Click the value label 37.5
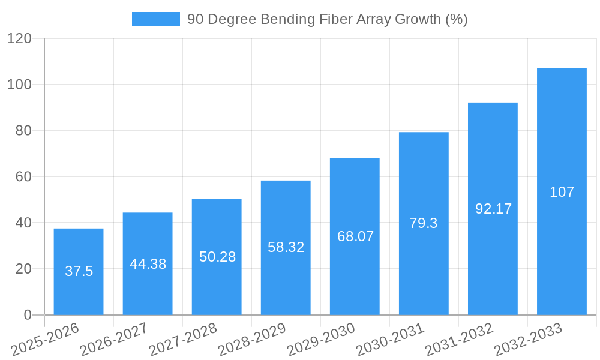coord(79,271)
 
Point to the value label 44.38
coord(148,264)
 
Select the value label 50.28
coord(217,257)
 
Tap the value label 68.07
coord(355,236)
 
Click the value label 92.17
coord(493,209)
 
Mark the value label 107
coord(562,192)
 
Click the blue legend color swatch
coord(156,19)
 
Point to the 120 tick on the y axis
coord(19,38)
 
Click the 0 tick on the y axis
coord(28,315)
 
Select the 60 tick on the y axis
coord(23,176)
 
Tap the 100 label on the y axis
coord(19,85)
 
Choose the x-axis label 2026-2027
coord(114,339)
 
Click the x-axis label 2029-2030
coord(321,339)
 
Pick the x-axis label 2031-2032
coord(459,339)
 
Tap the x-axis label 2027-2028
coord(183,339)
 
